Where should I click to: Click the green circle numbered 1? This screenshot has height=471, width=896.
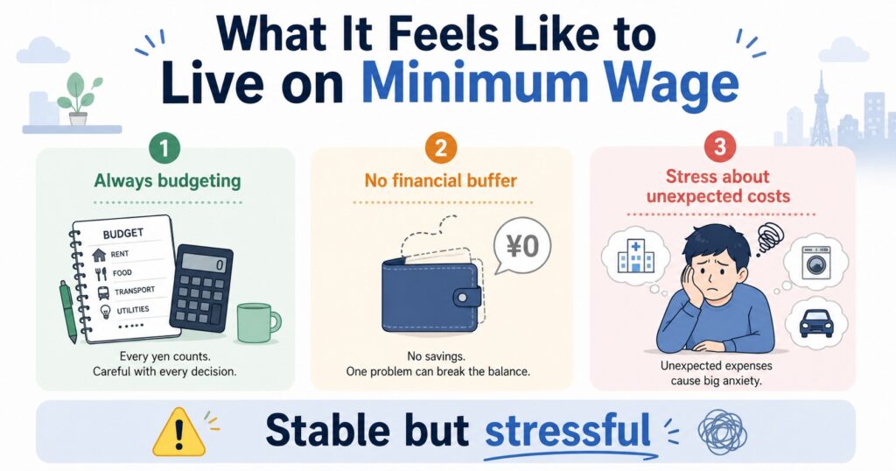tap(164, 149)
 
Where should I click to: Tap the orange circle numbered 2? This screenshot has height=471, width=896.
tap(441, 149)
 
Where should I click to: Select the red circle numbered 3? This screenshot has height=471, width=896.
tap(719, 147)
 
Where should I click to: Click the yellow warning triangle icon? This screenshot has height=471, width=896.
tap(178, 432)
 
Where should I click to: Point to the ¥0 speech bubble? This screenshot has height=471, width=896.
tap(521, 247)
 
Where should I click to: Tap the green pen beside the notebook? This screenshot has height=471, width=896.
tap(68, 312)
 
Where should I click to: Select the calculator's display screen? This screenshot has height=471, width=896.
tap(203, 264)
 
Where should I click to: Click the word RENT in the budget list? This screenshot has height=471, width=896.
tap(119, 254)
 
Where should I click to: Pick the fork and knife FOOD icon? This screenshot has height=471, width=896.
tap(101, 274)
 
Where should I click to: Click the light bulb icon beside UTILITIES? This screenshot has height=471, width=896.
tap(105, 312)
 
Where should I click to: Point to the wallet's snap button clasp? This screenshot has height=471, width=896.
tap(467, 298)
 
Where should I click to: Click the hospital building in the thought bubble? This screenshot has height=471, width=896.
tap(634, 257)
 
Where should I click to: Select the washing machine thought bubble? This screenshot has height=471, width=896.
tap(815, 263)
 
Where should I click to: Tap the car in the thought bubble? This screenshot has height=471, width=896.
tap(815, 323)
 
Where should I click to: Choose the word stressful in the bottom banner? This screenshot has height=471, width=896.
tap(567, 431)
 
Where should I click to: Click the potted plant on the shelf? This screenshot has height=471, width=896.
tap(80, 99)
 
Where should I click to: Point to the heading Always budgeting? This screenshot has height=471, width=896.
tap(167, 181)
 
